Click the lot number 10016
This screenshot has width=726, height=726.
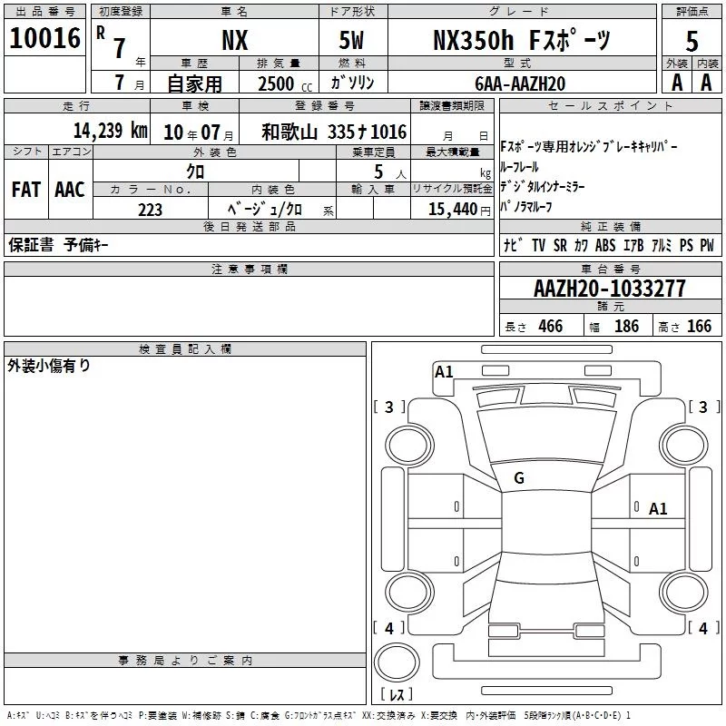click(44, 38)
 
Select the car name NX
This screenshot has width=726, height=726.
click(235, 40)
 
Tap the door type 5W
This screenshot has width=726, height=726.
click(351, 40)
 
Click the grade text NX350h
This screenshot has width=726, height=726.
click(473, 40)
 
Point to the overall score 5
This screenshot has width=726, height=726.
click(692, 41)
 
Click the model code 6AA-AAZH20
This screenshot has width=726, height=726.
click(520, 83)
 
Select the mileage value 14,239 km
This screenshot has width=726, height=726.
click(111, 131)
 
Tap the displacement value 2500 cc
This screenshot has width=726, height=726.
click(285, 83)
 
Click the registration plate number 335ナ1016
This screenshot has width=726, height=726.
click(367, 132)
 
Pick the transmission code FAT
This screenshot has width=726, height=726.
click(26, 190)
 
